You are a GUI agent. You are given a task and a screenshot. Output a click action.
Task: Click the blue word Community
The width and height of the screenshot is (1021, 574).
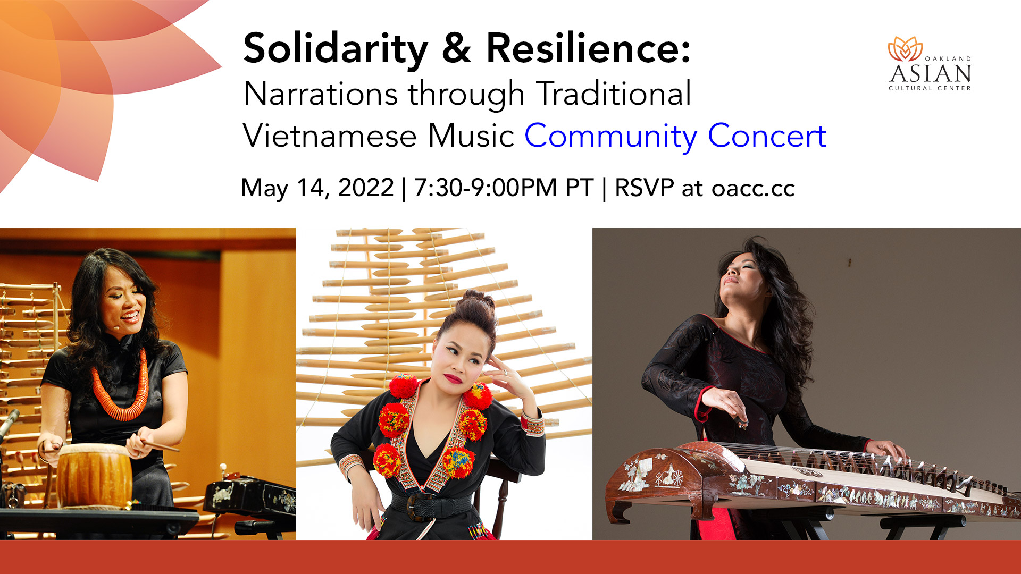pos(611,137)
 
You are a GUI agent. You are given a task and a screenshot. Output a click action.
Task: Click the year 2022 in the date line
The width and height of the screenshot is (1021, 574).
pos(366,188)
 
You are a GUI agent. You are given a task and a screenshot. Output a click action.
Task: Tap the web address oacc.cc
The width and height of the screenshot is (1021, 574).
pos(753,188)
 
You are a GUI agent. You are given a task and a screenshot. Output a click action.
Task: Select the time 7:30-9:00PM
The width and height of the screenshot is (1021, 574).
pos(486,188)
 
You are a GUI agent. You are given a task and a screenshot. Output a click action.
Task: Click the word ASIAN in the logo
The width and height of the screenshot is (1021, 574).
pos(931,73)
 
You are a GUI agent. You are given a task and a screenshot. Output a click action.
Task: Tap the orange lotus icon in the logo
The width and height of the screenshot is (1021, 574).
pos(905,49)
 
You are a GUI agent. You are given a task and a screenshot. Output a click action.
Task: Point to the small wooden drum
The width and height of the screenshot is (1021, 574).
pos(94,475)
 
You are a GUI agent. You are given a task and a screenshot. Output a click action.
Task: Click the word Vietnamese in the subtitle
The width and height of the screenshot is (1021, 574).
pos(330,136)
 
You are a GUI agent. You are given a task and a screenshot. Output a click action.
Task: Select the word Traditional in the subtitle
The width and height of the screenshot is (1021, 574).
pos(614,94)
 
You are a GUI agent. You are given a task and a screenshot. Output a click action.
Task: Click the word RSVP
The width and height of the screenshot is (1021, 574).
pos(644,188)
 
